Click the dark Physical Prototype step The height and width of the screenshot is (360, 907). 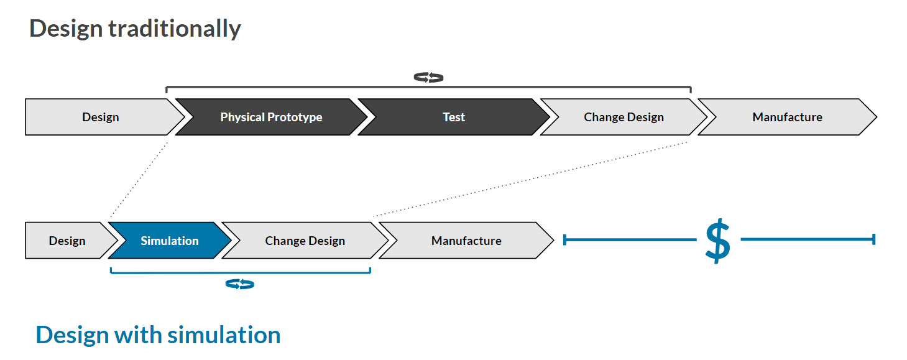tap(271, 117)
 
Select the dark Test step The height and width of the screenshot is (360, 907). tap(453, 117)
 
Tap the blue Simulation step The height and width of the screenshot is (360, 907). tap(169, 241)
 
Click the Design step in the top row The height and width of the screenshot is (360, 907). tap(100, 117)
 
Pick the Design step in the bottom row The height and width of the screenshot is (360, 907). tap(67, 241)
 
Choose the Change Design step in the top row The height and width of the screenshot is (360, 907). tap(624, 117)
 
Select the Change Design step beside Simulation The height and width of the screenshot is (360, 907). tap(305, 241)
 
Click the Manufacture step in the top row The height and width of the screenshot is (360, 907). tap(787, 117)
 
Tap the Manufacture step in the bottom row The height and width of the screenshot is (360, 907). tap(466, 241)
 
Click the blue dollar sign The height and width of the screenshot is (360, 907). tap(717, 240)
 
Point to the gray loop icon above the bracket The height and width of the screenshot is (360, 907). tap(428, 78)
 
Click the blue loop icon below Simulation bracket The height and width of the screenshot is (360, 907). tap(239, 284)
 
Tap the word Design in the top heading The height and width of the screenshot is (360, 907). tap(66, 29)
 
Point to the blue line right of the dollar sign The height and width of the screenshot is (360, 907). tap(808, 239)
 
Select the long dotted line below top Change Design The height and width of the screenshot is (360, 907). tap(528, 180)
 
